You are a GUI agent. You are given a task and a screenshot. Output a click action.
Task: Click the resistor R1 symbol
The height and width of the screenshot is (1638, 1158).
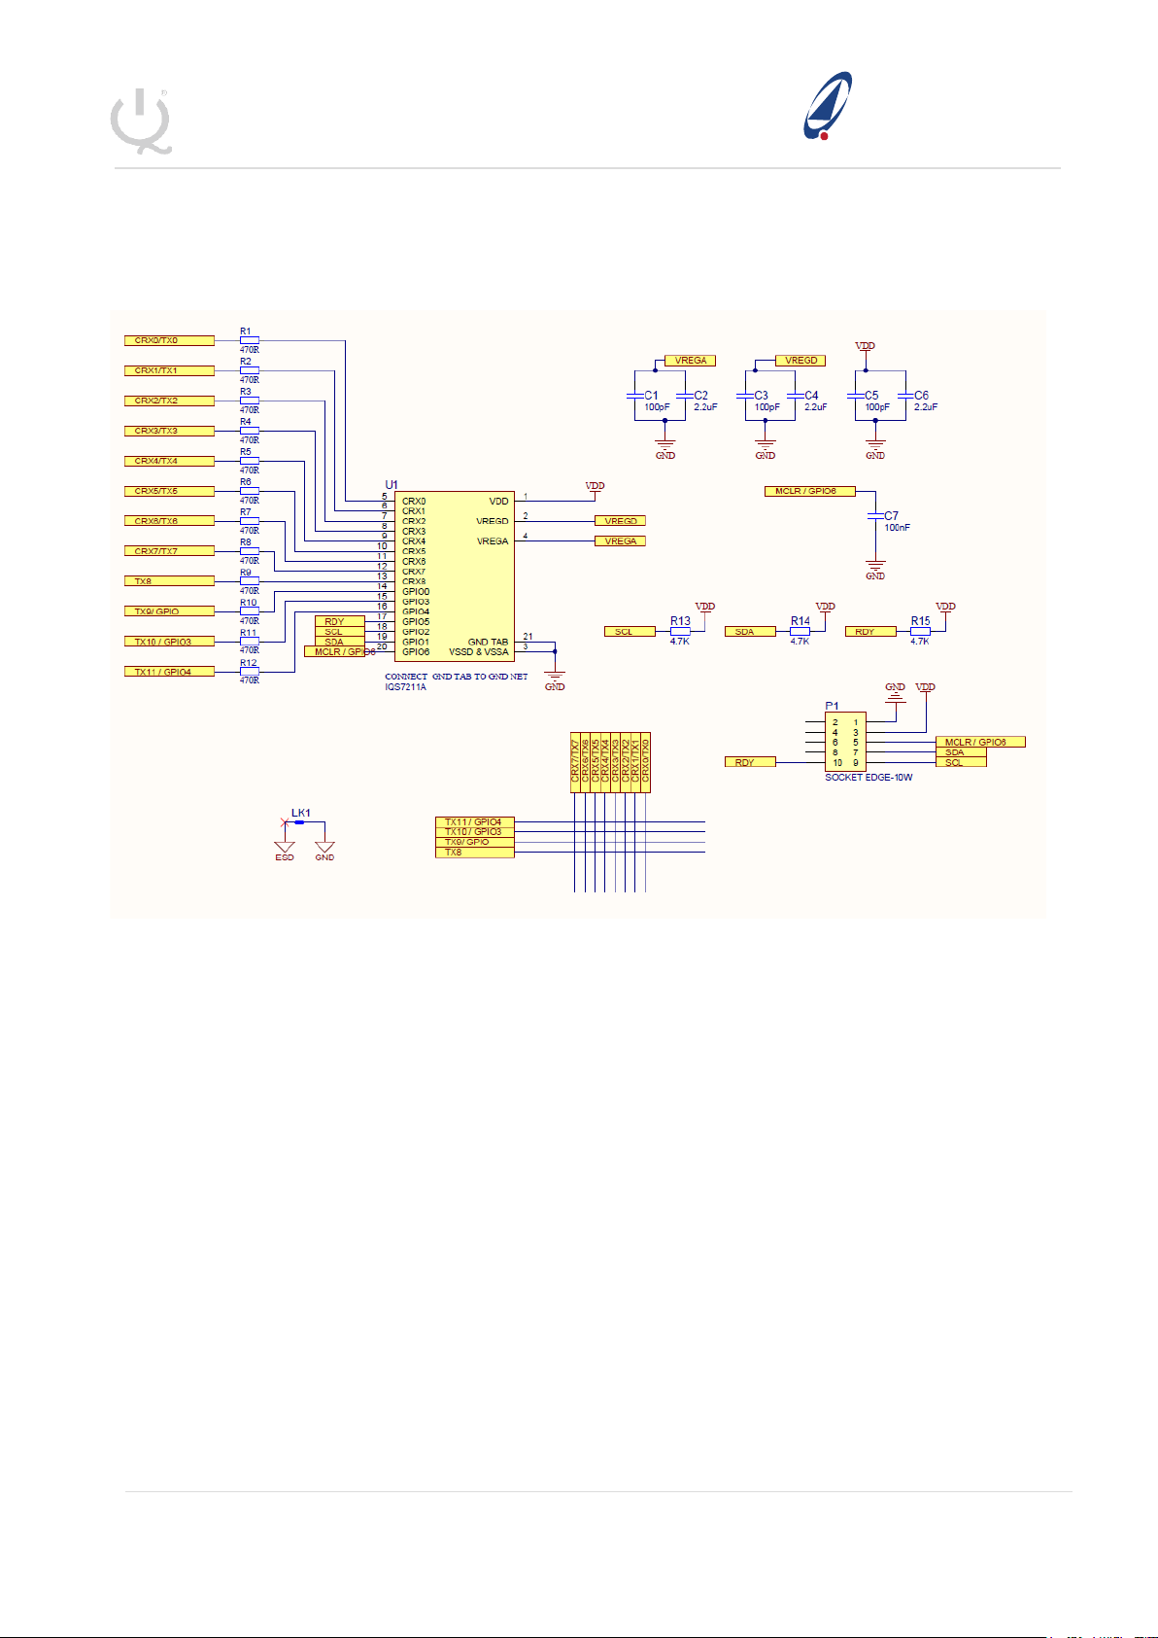[x=250, y=340]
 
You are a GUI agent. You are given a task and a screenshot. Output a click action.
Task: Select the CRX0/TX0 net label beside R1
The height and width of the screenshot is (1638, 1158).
[x=169, y=340]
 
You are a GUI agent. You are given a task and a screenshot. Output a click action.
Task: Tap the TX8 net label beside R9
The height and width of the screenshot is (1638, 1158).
[x=169, y=581]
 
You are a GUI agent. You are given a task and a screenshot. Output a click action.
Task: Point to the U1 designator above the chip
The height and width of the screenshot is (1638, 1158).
[x=392, y=484]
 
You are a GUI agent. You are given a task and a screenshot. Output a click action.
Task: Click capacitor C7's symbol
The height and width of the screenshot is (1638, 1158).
[x=875, y=515]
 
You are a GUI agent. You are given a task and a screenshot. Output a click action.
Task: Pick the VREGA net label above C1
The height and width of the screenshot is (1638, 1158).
[x=690, y=361]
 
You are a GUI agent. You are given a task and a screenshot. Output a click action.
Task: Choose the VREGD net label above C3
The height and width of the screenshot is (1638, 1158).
[x=800, y=361]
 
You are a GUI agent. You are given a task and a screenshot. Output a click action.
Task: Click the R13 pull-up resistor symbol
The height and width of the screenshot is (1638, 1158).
[x=680, y=631]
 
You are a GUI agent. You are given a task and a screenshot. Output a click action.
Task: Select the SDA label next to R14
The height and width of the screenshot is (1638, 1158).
[x=750, y=632]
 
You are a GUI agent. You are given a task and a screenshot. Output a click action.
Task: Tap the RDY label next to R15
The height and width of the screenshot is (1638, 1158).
[x=870, y=632]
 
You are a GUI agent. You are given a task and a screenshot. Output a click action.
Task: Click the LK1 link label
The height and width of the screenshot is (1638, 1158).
[x=301, y=813]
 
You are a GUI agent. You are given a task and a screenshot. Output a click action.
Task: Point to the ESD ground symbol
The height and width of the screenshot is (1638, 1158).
[x=285, y=849]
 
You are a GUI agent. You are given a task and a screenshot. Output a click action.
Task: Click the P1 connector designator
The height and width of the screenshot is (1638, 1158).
[x=832, y=706]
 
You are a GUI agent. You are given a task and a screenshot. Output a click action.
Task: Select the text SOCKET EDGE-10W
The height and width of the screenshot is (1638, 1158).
[x=868, y=777]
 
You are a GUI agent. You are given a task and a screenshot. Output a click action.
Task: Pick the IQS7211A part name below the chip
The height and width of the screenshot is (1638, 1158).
[x=405, y=687]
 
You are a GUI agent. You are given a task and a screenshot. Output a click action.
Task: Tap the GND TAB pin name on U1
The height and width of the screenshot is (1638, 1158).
[x=488, y=642]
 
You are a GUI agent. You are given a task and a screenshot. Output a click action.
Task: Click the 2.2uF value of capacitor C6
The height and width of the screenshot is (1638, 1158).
[x=926, y=407]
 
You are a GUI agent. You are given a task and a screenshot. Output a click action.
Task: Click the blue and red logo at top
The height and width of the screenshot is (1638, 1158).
[x=828, y=105]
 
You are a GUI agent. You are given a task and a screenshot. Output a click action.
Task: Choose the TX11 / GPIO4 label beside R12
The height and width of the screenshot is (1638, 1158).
[x=169, y=672]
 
